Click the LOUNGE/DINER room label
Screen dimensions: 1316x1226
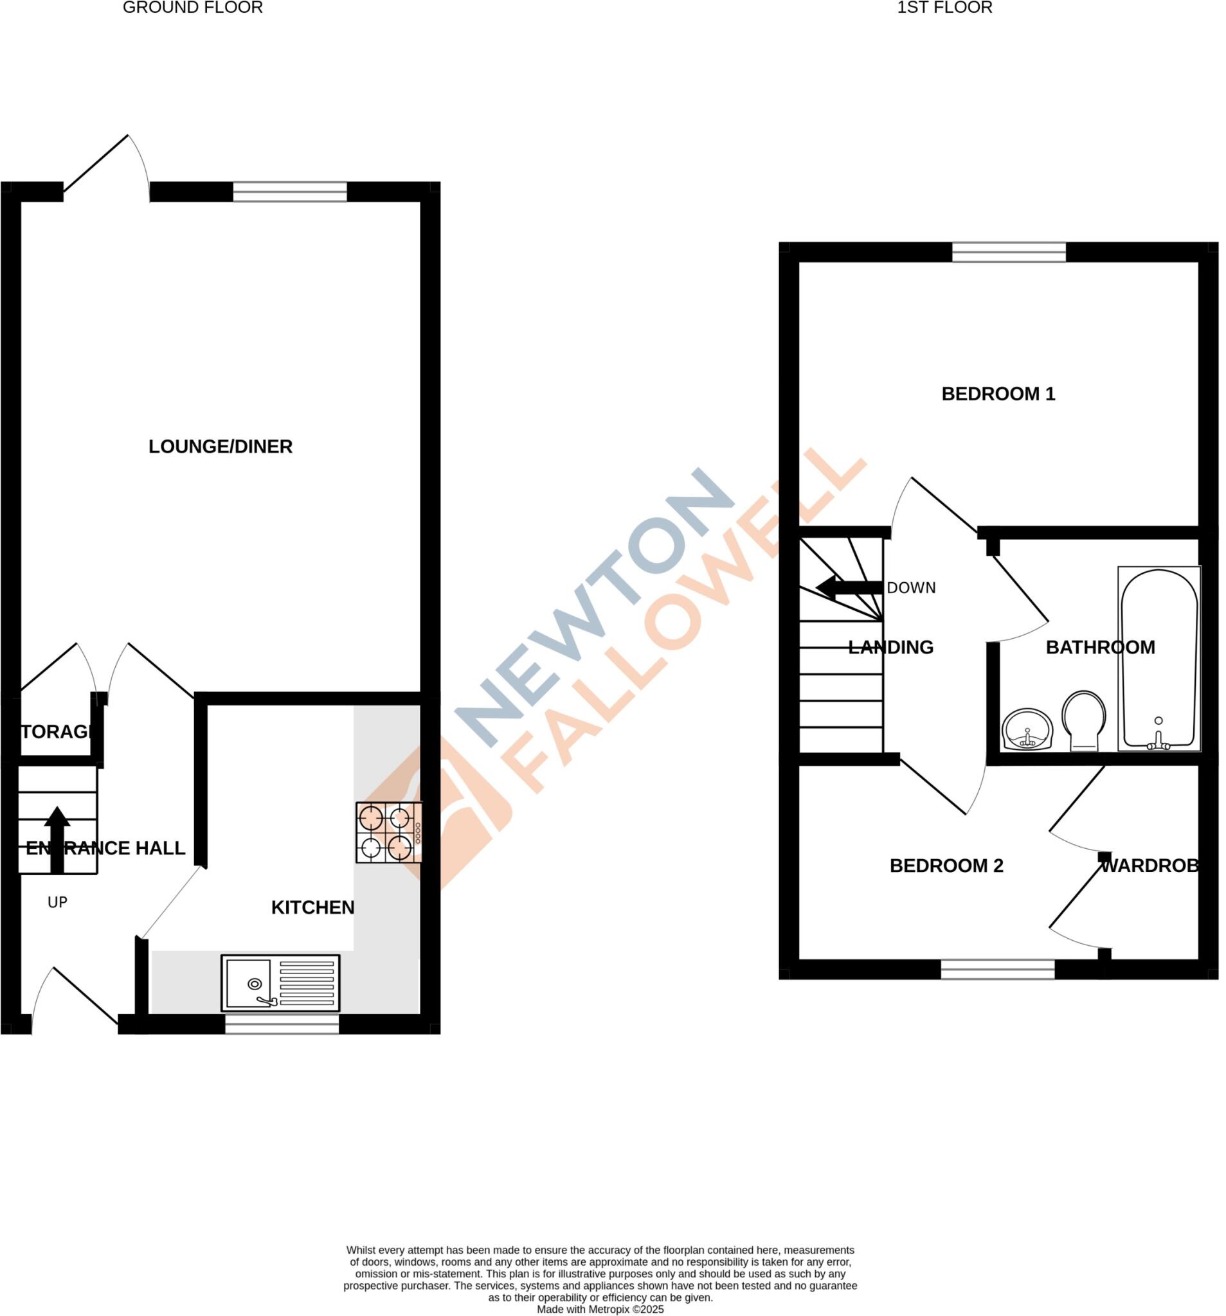coord(220,447)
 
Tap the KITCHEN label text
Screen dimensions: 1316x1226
coord(312,907)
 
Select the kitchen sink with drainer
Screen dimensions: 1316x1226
coord(280,983)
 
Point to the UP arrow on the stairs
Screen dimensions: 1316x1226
coord(57,839)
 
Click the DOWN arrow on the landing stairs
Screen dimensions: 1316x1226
coord(849,587)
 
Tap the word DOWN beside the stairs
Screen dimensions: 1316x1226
coord(911,588)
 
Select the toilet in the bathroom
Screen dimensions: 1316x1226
coord(1083,721)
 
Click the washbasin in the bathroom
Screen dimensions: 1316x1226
coord(1027,730)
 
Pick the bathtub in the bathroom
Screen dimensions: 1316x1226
coord(1158,659)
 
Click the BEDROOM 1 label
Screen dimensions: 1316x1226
coord(998,394)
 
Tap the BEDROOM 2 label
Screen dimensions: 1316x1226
coord(946,866)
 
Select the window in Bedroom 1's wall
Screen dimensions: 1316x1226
coord(1009,252)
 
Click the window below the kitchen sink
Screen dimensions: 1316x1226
coord(282,1025)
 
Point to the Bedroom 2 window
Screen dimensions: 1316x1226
coord(997,970)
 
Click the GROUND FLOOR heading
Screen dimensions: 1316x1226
coord(193,8)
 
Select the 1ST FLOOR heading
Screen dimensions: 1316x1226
coord(944,8)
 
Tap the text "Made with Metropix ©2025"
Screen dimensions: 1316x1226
coord(600,1310)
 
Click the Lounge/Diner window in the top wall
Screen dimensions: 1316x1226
coord(289,192)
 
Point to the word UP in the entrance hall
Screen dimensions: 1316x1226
coord(58,902)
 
